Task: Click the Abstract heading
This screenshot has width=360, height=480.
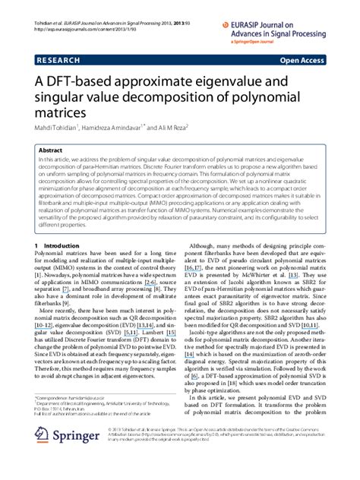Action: coord(51,150)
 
